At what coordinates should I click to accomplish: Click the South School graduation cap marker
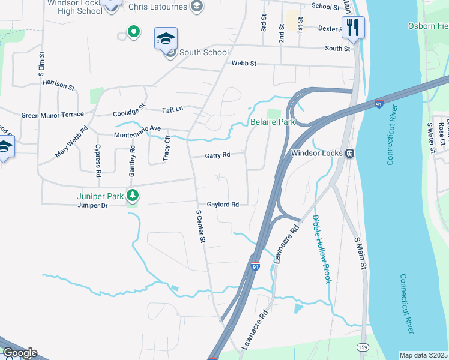tap(165, 39)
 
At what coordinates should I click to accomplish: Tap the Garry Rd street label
tap(217, 155)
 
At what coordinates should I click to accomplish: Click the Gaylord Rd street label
tap(223, 205)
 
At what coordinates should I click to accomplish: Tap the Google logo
tap(20, 353)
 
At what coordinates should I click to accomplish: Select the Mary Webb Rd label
tap(71, 142)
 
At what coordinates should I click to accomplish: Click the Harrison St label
tap(58, 85)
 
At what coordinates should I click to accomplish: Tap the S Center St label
tap(202, 226)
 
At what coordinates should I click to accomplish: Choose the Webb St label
tap(244, 63)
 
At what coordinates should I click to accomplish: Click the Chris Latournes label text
tap(158, 6)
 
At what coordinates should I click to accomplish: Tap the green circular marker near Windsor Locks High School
tap(133, 31)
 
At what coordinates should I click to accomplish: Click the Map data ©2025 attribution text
tap(423, 355)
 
